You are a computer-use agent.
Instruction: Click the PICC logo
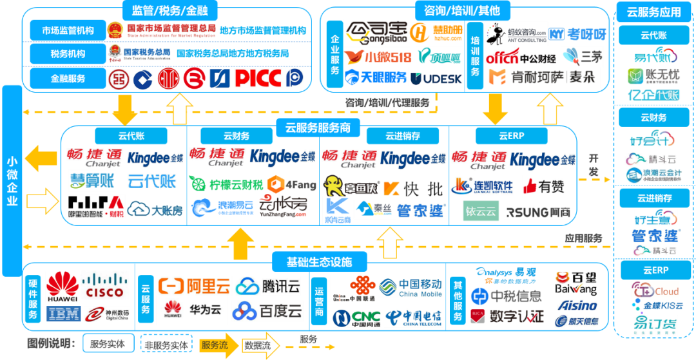[257, 79]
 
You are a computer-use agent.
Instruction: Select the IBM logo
[64, 314]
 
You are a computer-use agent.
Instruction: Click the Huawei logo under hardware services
[62, 287]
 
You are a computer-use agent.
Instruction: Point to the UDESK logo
[436, 79]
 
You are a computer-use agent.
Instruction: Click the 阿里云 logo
[194, 285]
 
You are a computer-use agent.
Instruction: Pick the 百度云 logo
[267, 311]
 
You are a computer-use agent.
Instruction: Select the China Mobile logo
[411, 287]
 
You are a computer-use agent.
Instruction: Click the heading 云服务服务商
[318, 128]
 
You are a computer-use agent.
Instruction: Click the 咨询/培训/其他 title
[463, 10]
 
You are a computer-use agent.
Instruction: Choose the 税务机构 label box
[68, 53]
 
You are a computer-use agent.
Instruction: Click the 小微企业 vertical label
[12, 181]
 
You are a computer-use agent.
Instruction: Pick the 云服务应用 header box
[653, 12]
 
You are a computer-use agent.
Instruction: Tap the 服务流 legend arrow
[217, 345]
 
